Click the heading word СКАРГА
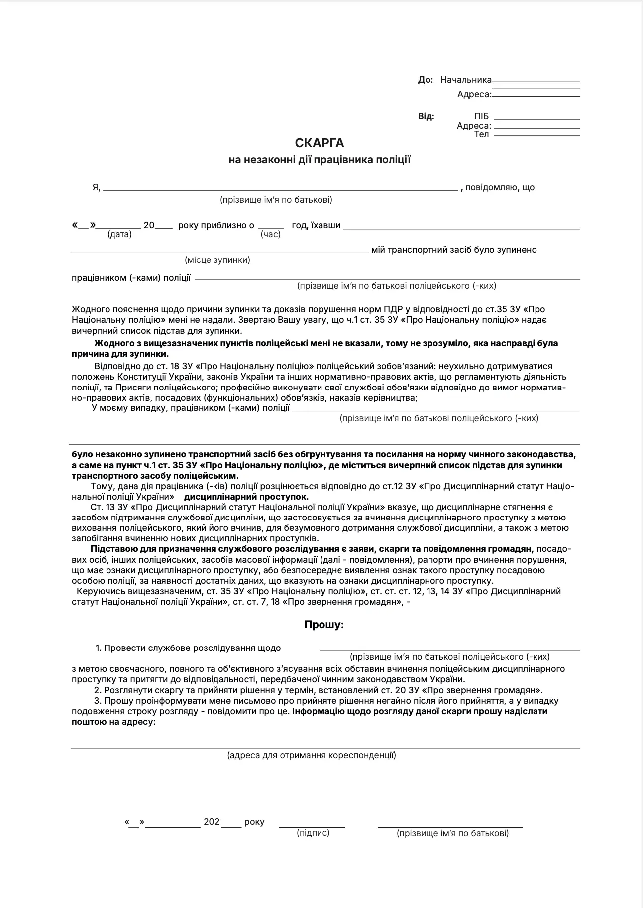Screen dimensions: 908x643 tap(320, 143)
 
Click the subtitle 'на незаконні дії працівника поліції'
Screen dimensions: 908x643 tap(320, 160)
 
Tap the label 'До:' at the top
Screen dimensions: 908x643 tap(426, 80)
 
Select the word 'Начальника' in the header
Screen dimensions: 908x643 tap(466, 80)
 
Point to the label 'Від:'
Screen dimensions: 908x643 tap(426, 116)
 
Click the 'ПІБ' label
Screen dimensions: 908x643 tap(481, 116)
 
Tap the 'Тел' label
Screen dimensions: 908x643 tap(481, 134)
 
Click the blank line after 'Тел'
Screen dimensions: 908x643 tap(537, 135)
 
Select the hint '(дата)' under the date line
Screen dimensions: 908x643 tap(119, 234)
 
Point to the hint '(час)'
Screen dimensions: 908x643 tap(271, 234)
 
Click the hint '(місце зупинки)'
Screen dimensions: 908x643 tap(217, 260)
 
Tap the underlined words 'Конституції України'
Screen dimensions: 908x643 tap(160, 377)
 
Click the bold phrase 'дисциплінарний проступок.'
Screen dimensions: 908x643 tap(246, 497)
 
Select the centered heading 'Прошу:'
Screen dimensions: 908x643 tap(324, 624)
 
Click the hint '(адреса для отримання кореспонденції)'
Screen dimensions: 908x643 tap(312, 755)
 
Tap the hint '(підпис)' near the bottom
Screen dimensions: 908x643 tap(313, 832)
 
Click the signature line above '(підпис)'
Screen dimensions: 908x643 tap(312, 827)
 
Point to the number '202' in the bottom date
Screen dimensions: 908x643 tap(212, 822)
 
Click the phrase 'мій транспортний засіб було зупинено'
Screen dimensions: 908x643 tap(454, 250)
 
